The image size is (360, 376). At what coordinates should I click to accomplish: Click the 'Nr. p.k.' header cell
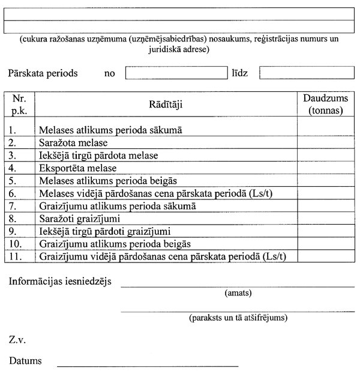19,105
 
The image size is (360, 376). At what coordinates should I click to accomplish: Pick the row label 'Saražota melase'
73,143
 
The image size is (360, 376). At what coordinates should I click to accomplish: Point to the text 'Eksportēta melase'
77,168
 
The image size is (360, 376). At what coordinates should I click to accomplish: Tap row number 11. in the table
17,256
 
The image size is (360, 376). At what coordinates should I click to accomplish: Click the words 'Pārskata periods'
43,73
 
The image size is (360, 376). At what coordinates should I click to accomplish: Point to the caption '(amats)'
238,294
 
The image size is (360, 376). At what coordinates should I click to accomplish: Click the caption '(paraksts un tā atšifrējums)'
238,317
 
